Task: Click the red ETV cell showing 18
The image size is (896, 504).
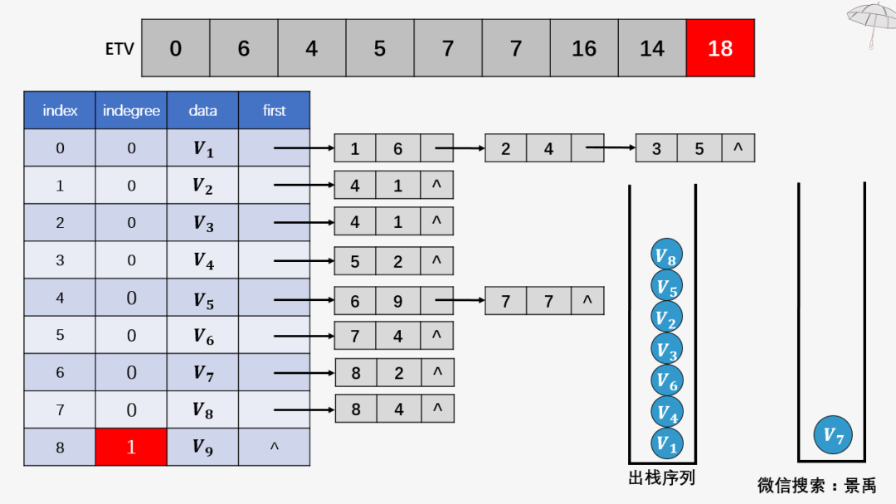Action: point(720,48)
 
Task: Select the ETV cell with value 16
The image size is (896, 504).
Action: point(584,48)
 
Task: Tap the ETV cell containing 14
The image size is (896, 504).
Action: point(652,48)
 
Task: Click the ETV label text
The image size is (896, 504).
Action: point(119,49)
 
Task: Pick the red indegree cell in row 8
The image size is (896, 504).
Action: point(131,447)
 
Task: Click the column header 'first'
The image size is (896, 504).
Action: point(274,110)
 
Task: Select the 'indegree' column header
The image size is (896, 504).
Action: point(131,110)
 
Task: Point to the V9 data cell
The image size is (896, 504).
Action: point(202,447)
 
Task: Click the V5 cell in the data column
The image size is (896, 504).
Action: point(202,298)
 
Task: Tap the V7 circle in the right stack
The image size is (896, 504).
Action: point(833,435)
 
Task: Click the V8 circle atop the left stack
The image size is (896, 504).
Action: point(666,255)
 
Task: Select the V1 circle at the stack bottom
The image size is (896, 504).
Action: point(666,443)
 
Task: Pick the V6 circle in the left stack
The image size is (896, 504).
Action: point(666,380)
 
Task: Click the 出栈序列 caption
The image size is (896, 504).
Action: point(661,478)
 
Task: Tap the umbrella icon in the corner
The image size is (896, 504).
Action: point(870,21)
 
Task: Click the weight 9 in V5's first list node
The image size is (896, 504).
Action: point(397,301)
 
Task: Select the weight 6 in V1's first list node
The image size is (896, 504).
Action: point(397,148)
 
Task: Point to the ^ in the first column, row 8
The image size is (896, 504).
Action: point(274,448)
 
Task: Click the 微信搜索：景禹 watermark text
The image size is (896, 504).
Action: point(816,485)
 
